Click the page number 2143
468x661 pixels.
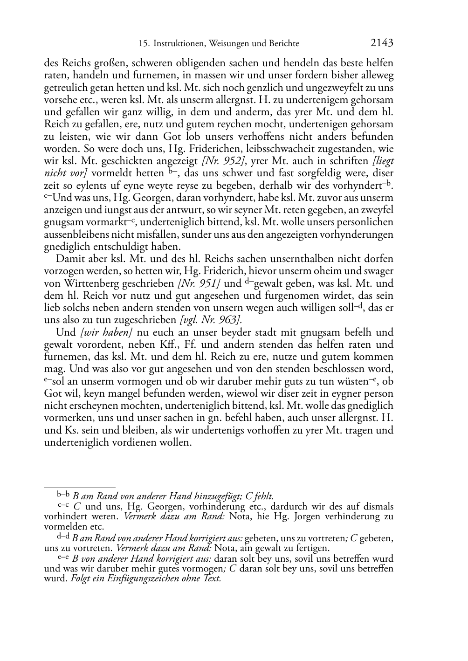tap(382, 43)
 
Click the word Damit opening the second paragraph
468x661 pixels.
tap(70, 259)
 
